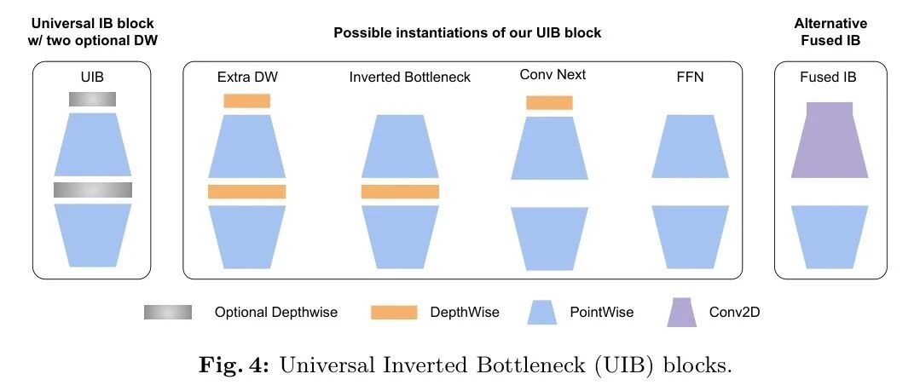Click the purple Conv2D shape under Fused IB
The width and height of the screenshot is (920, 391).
(x=830, y=140)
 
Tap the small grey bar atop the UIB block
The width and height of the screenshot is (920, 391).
(x=92, y=99)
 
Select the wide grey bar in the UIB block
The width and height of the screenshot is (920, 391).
(x=93, y=190)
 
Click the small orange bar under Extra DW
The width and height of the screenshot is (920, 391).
(x=246, y=101)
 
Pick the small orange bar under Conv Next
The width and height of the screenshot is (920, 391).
(x=549, y=102)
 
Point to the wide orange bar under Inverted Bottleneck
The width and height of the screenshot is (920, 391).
(x=400, y=192)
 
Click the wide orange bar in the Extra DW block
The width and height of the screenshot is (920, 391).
(x=247, y=192)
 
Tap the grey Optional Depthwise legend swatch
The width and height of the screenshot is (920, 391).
(x=168, y=313)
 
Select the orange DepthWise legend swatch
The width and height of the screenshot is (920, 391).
(x=394, y=313)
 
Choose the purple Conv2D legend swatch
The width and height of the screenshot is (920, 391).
(x=681, y=313)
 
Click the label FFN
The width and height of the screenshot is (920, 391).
(x=690, y=77)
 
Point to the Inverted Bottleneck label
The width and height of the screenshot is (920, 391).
(x=409, y=77)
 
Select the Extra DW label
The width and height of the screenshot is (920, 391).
(x=247, y=77)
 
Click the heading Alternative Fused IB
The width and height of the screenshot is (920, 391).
(x=830, y=32)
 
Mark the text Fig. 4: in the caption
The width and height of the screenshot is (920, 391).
(x=234, y=365)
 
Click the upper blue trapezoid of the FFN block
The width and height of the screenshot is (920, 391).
(x=691, y=147)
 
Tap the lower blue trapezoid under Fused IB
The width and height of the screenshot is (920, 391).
(x=830, y=237)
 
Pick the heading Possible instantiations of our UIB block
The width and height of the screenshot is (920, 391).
(x=467, y=33)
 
